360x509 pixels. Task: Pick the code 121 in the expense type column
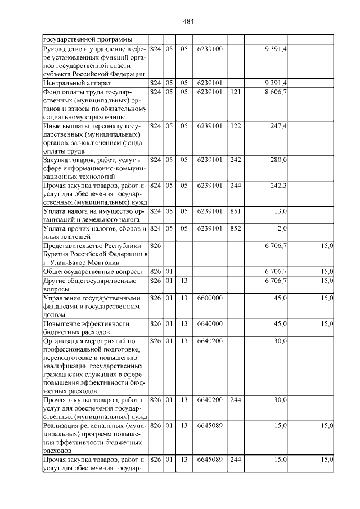(236, 92)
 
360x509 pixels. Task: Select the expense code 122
(236, 126)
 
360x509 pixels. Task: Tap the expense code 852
(236, 228)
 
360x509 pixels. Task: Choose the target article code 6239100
(210, 49)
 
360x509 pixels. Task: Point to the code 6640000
(210, 324)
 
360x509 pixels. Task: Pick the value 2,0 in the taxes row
(282, 228)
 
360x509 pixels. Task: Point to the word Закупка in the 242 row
(57, 160)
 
